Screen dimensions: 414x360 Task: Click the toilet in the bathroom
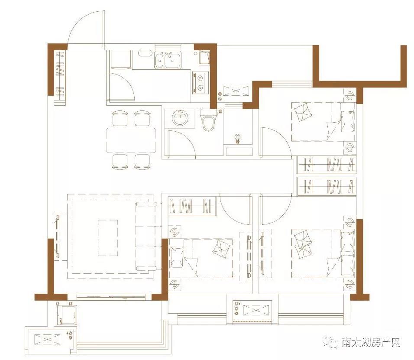click(x=208, y=120)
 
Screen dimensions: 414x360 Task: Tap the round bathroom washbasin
click(x=181, y=118)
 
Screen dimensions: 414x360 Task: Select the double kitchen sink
click(x=168, y=60)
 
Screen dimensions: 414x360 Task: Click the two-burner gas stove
click(x=201, y=82)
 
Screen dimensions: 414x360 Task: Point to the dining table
click(x=131, y=140)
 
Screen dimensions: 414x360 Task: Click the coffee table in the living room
click(x=108, y=238)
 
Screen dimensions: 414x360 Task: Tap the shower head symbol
click(x=238, y=139)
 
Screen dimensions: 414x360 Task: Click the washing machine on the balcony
click(x=67, y=315)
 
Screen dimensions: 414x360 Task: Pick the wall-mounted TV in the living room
click(x=57, y=237)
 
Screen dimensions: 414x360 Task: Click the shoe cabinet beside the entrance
click(x=60, y=76)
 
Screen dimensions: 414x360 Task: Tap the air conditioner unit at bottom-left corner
click(x=48, y=339)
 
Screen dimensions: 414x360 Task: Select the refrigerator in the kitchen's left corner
click(x=120, y=59)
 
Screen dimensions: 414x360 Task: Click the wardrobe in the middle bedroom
click(x=192, y=206)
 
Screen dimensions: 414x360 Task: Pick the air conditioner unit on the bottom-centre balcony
click(x=256, y=310)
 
